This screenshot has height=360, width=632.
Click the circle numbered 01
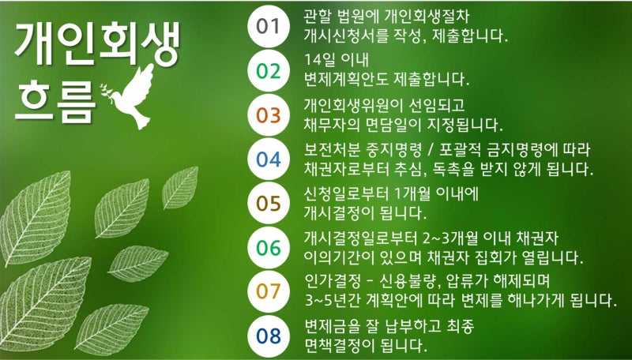click(269, 27)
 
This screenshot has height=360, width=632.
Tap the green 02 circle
click(269, 71)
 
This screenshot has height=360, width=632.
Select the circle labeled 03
click(269, 115)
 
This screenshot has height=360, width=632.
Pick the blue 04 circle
click(269, 159)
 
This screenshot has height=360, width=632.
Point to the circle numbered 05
click(269, 204)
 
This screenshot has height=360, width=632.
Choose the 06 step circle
click(269, 248)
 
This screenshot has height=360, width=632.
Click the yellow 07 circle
click(269, 291)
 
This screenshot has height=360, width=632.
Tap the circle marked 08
click(269, 336)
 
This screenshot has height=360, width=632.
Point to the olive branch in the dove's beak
click(105, 89)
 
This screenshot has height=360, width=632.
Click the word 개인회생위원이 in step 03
click(352, 105)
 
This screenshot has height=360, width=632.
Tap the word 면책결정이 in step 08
click(340, 345)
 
